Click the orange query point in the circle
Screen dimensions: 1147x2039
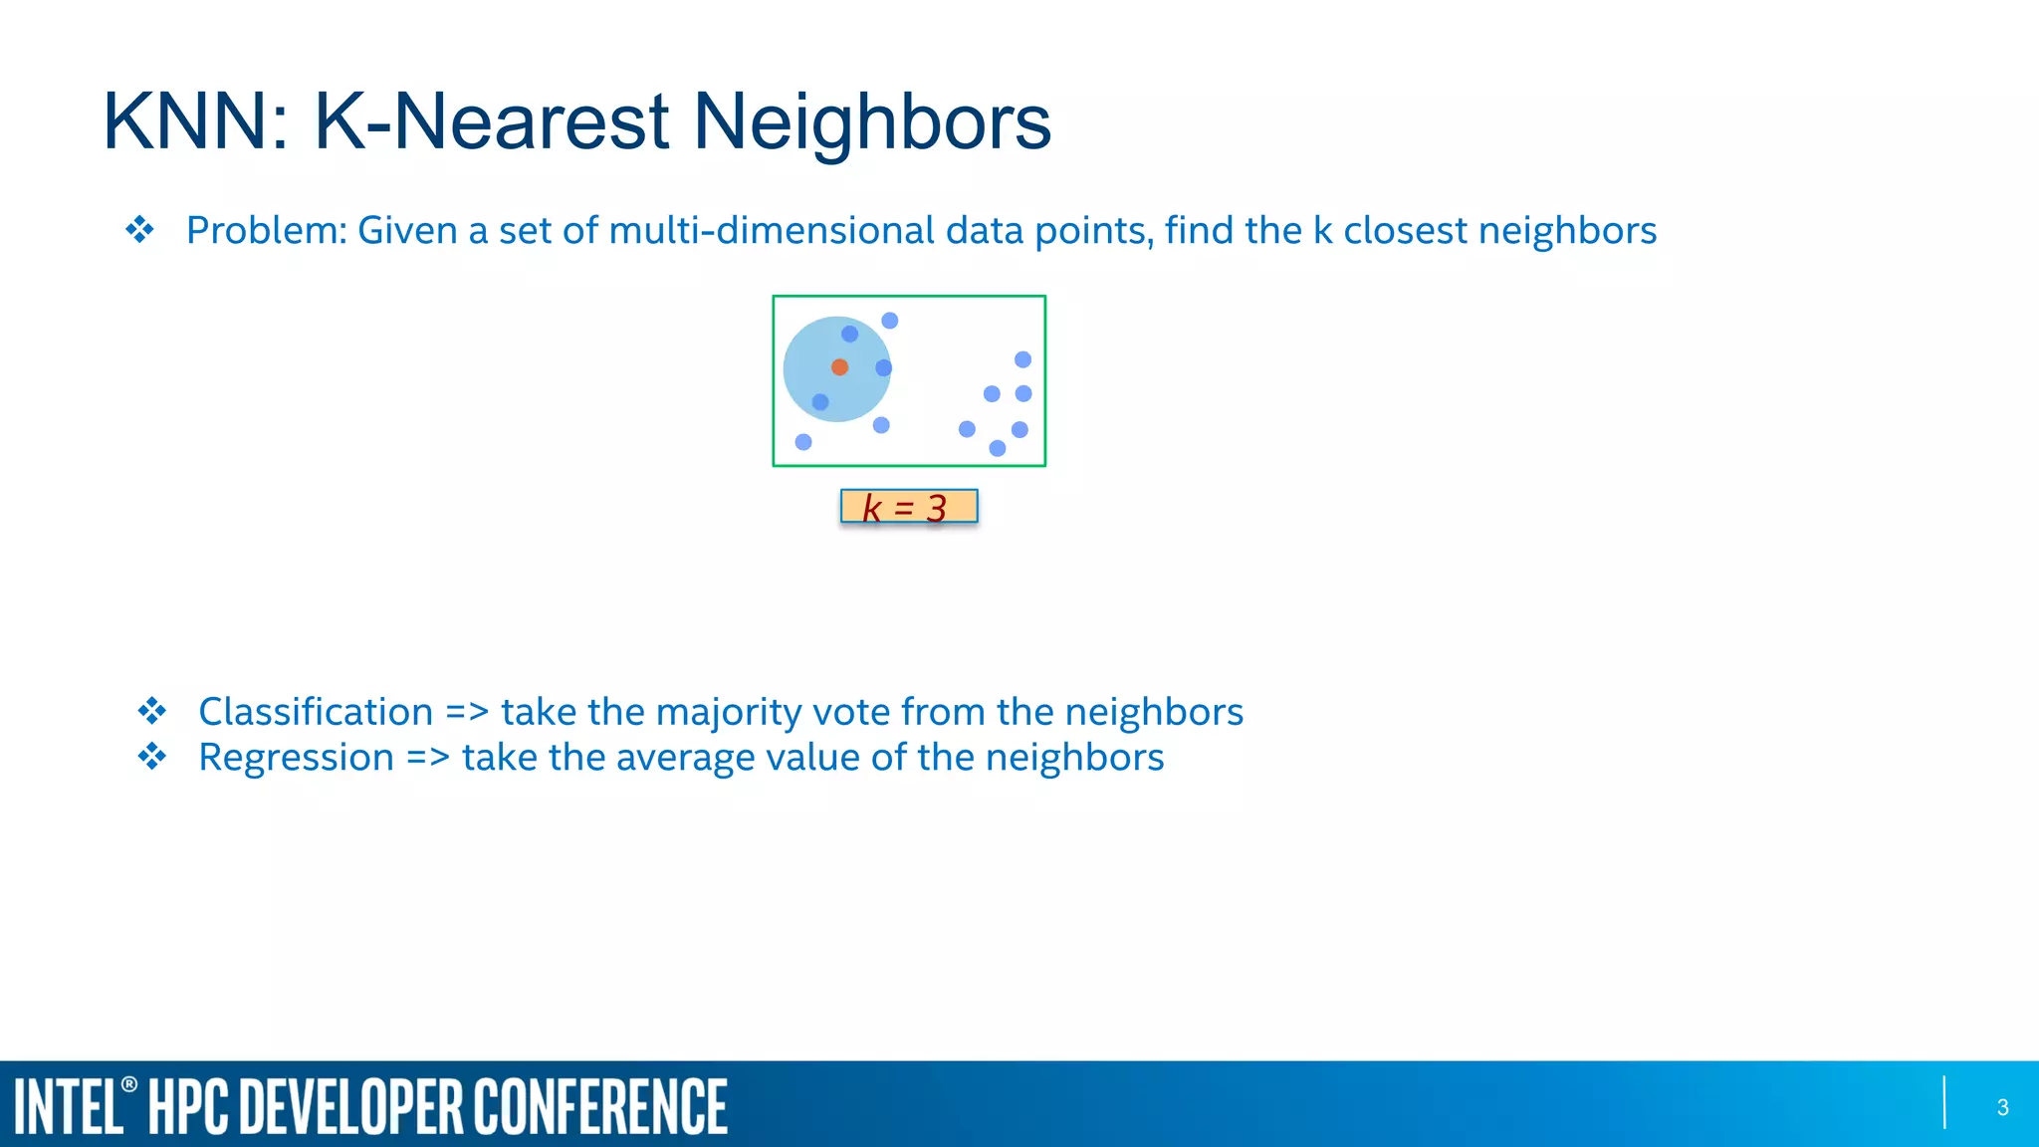[839, 367]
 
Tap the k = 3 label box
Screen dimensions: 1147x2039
[908, 507]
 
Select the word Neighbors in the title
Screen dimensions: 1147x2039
[871, 122]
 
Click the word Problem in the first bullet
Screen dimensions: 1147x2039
[265, 231]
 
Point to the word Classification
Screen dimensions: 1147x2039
[316, 712]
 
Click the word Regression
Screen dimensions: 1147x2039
[296, 758]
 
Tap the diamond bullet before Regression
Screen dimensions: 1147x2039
[152, 757]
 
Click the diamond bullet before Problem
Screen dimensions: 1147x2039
[140, 230]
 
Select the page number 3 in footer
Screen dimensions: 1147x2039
[2002, 1107]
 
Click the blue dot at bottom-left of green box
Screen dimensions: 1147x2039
[803, 442]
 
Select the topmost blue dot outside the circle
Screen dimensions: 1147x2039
[890, 321]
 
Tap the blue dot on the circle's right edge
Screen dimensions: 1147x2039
[883, 368]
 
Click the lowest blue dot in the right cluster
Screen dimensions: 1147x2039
[998, 448]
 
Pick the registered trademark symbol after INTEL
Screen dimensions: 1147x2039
[129, 1084]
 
